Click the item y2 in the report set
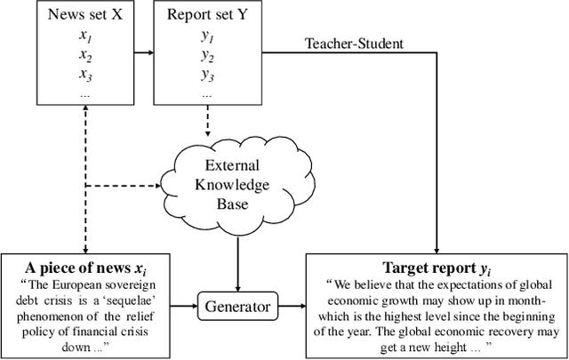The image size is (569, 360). pos(207,56)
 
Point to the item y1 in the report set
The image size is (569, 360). pos(207,37)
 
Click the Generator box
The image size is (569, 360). pos(237,306)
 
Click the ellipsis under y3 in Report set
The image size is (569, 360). pos(207,92)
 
